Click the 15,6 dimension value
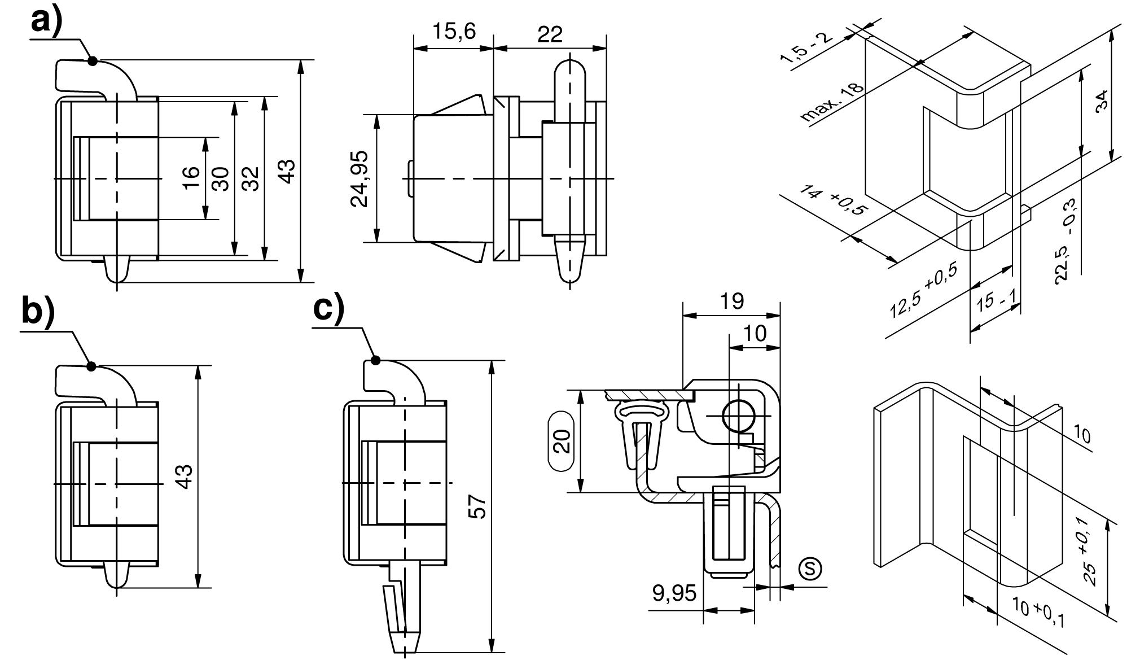pyautogui.click(x=454, y=32)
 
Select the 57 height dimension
pyautogui.click(x=477, y=506)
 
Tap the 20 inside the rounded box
pyautogui.click(x=562, y=440)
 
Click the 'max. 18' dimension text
pyautogui.click(x=832, y=103)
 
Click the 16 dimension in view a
pyautogui.click(x=191, y=178)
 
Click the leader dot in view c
pyautogui.click(x=374, y=360)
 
